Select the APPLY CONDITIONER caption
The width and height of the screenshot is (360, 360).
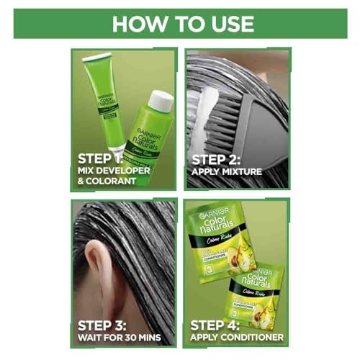pyautogui.click(x=237, y=336)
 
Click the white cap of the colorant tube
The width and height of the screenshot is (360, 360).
pyautogui.click(x=96, y=58)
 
